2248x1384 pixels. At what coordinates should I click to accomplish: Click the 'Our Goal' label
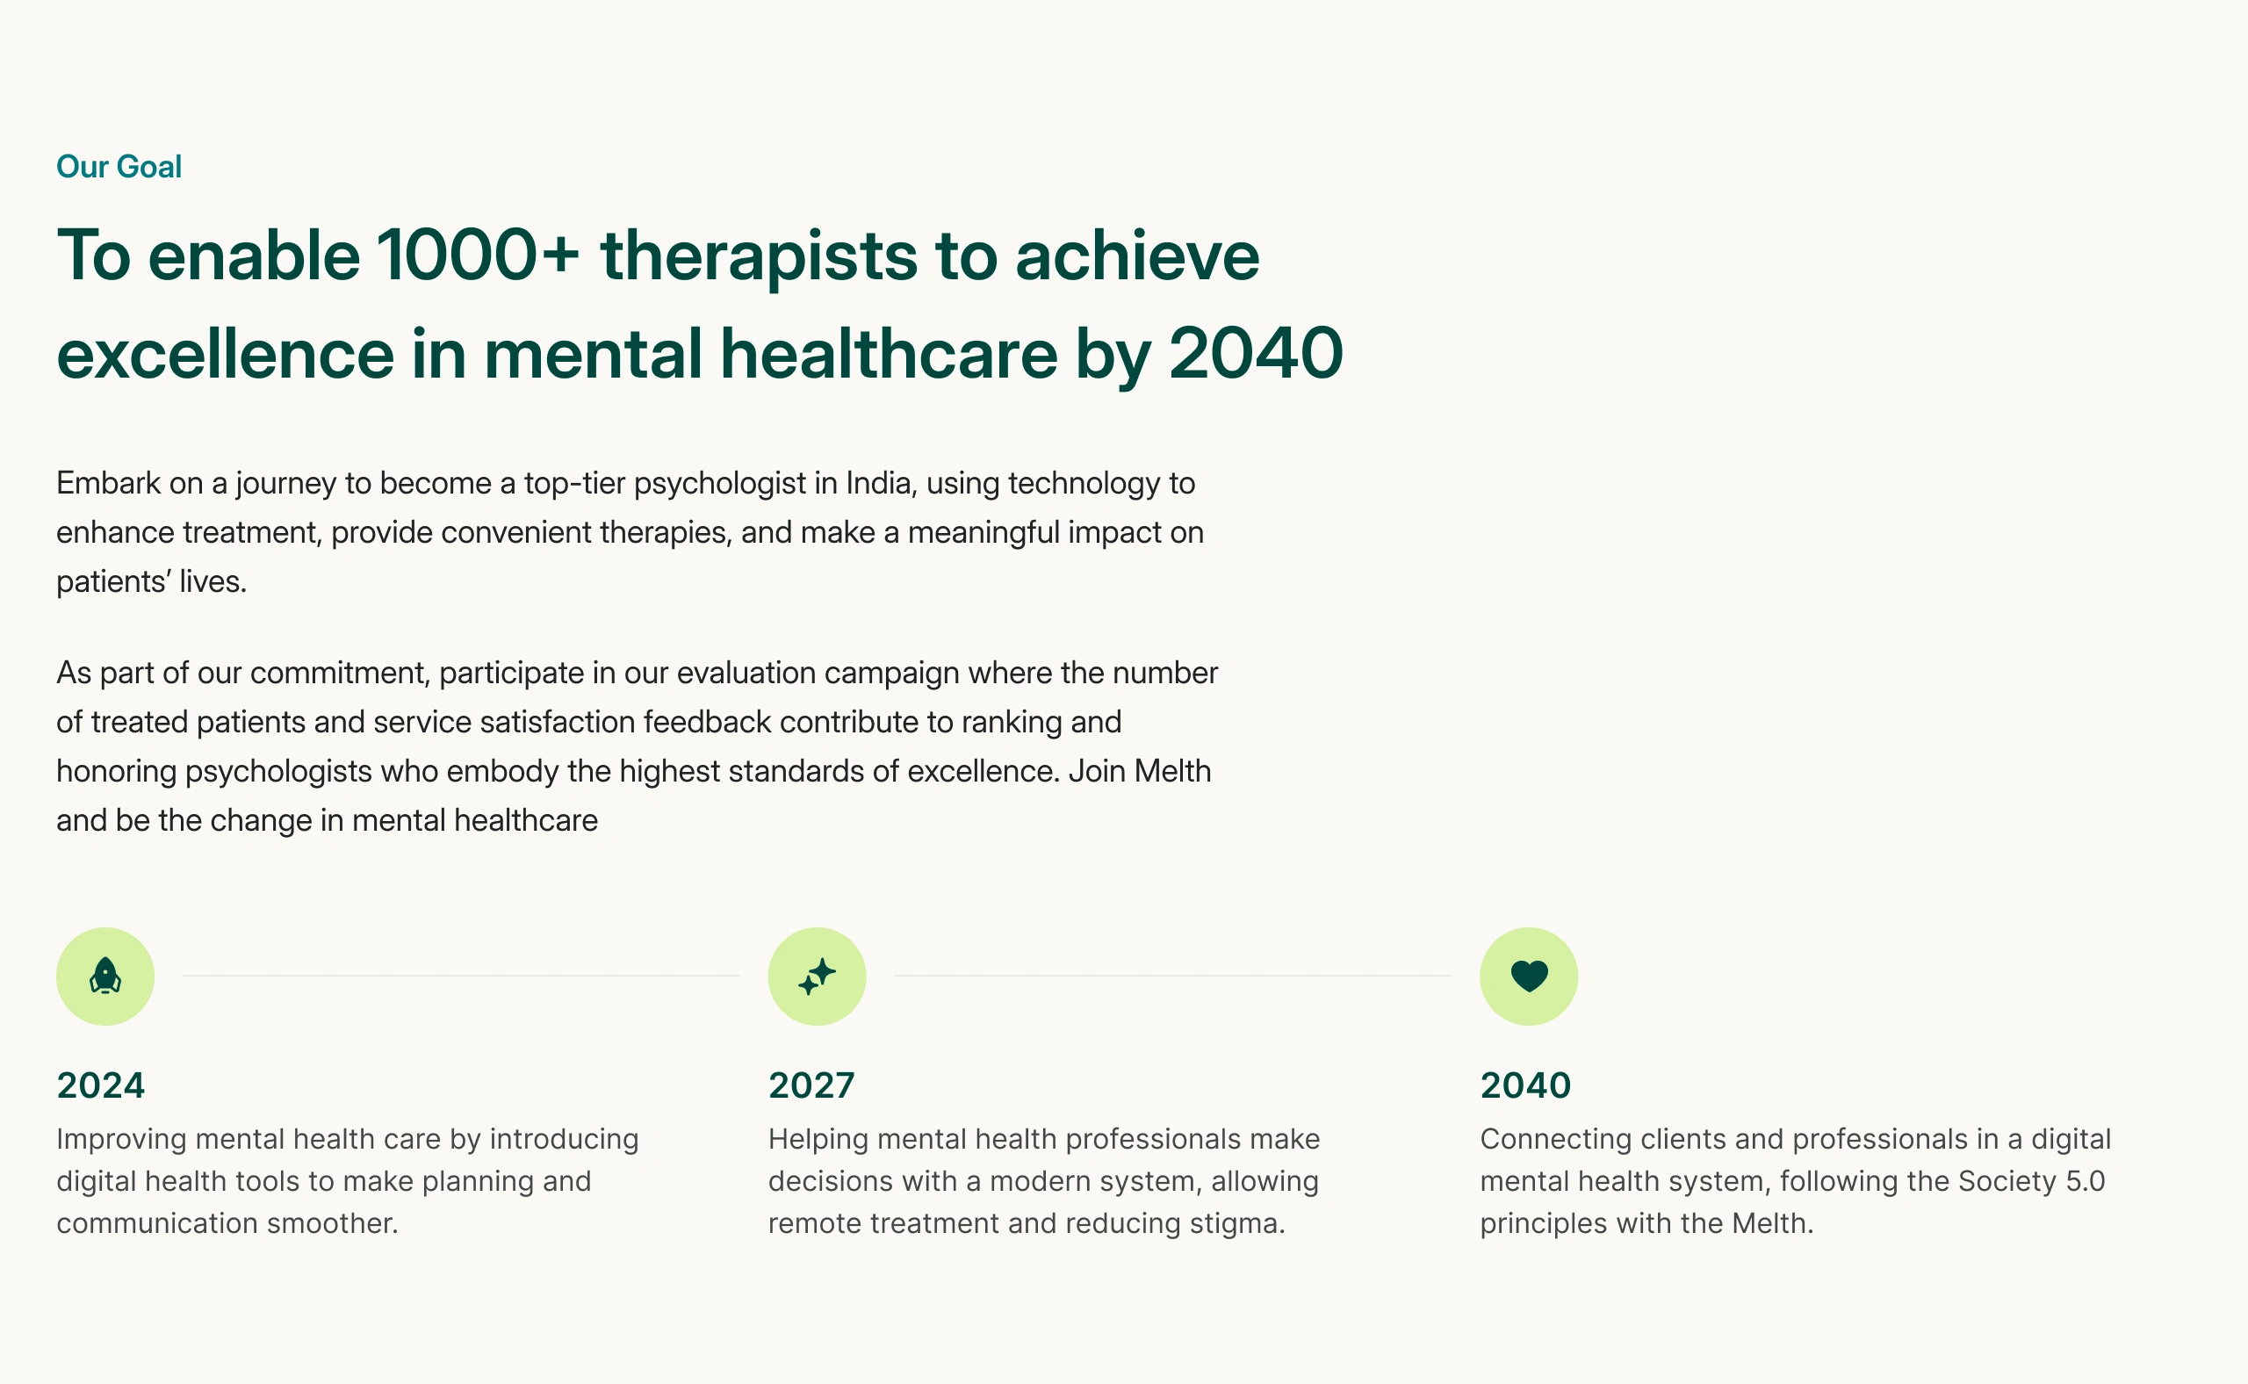(x=119, y=167)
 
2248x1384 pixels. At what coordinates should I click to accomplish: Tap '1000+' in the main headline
(x=478, y=256)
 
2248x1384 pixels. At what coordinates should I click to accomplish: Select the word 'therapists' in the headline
(x=759, y=258)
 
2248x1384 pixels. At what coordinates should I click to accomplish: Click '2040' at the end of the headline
(x=1256, y=354)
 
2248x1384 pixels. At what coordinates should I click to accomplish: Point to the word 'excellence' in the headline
(x=225, y=354)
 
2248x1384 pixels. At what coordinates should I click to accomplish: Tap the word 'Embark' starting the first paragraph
(x=108, y=483)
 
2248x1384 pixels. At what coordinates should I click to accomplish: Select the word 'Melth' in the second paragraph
(x=1172, y=772)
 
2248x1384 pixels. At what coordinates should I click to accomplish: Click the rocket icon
(x=105, y=976)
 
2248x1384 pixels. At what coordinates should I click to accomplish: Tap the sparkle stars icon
(x=818, y=976)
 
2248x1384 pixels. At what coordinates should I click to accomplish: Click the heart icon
(x=1529, y=977)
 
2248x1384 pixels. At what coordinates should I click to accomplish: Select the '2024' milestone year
(x=101, y=1085)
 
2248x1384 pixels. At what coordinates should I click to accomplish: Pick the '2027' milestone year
(x=812, y=1085)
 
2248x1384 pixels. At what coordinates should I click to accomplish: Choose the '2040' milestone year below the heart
(x=1525, y=1085)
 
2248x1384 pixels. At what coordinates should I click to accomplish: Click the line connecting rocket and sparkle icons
(x=461, y=976)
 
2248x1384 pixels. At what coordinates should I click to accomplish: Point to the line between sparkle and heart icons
(x=1172, y=976)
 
